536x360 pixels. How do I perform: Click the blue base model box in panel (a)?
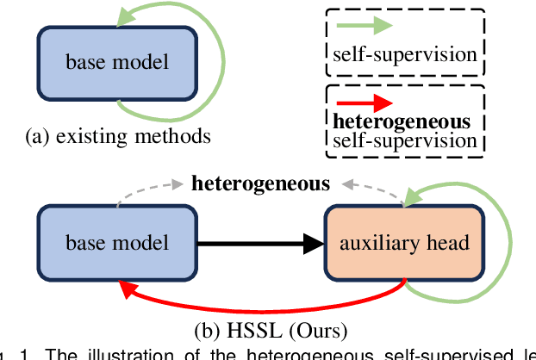tap(117, 62)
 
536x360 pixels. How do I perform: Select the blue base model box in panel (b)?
tap(117, 243)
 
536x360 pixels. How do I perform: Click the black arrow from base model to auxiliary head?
tap(259, 244)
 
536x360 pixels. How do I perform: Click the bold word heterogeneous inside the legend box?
tap(401, 121)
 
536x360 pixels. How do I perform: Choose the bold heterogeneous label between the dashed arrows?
tap(260, 183)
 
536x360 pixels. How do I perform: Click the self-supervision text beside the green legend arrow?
tap(404, 54)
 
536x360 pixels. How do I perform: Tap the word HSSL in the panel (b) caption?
tap(252, 328)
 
